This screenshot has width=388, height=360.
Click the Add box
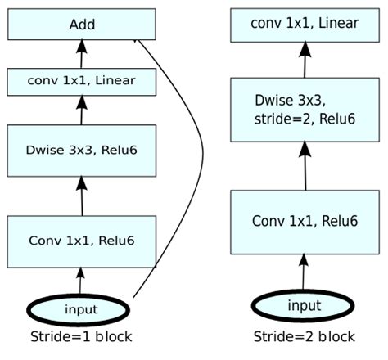tap(81, 25)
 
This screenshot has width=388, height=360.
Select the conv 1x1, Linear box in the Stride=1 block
tap(81, 81)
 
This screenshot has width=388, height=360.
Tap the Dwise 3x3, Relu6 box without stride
tap(81, 149)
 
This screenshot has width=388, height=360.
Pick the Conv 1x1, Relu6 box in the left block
tap(81, 241)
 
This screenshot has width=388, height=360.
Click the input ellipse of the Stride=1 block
tap(79, 308)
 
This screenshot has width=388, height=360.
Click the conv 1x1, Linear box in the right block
tap(304, 25)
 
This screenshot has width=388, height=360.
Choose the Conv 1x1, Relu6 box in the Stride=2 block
tap(304, 221)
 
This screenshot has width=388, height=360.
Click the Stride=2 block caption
tap(303, 337)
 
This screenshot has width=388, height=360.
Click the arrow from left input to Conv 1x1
tap(80, 280)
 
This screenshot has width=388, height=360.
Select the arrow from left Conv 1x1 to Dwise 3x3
tap(80, 195)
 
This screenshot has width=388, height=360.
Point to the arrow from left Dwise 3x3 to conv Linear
tap(80, 110)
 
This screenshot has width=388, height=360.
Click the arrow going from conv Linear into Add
tap(80, 54)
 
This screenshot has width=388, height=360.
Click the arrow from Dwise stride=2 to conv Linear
tap(304, 60)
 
